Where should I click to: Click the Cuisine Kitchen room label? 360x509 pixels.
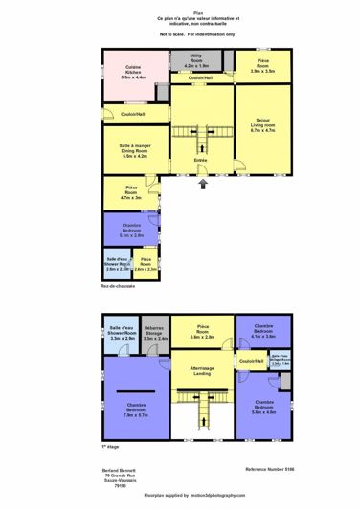[x=127, y=74]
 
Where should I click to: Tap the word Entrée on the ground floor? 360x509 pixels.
[x=202, y=160]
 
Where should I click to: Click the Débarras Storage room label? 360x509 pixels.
[x=155, y=335]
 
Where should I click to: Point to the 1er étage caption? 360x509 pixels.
[x=112, y=446]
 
